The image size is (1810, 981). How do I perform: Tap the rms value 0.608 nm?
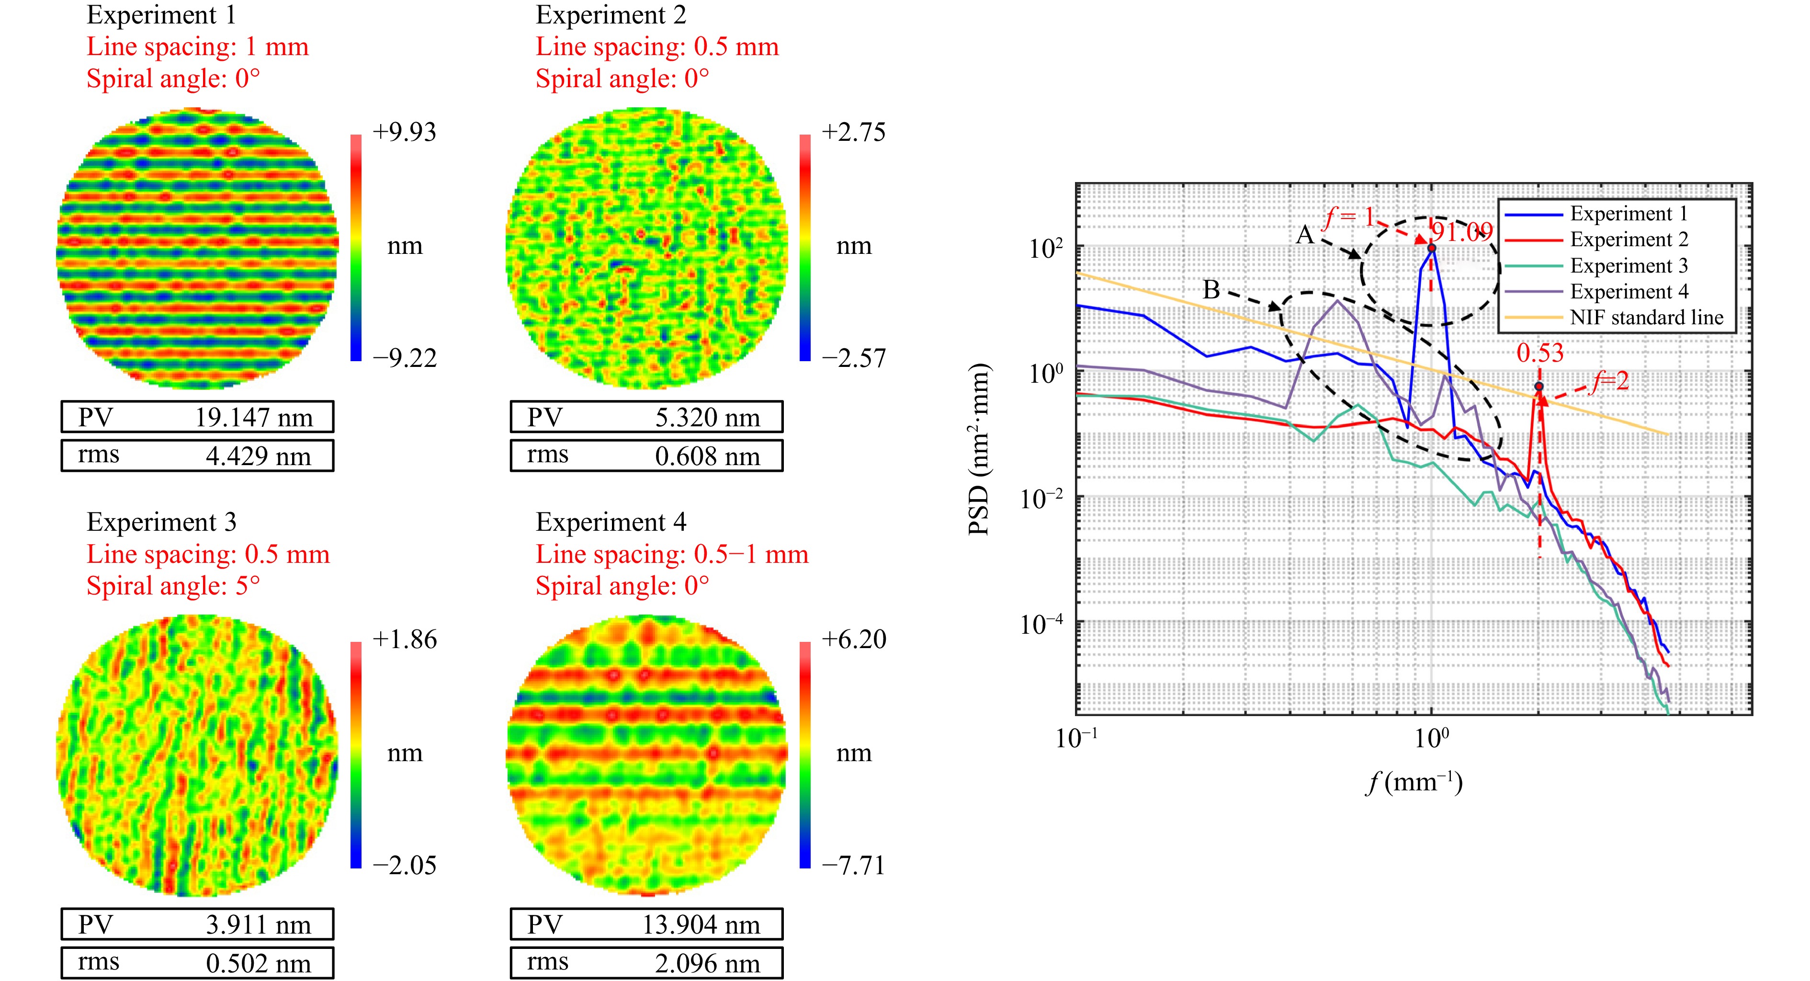coord(707,456)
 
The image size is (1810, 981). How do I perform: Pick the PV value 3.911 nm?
coord(258,925)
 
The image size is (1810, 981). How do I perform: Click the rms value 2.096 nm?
coord(707,963)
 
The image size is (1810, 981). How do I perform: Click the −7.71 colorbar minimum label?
coord(853,865)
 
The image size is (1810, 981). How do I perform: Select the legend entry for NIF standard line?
coord(1646,318)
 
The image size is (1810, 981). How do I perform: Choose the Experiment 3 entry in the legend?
coord(1628,266)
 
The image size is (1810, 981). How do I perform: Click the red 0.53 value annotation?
coord(1539,353)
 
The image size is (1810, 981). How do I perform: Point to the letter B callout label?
coord(1210,289)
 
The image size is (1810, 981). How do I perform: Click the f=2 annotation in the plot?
coord(1610,382)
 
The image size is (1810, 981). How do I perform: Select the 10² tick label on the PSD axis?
coord(1045,248)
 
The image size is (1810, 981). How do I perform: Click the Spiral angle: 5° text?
coord(173,585)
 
